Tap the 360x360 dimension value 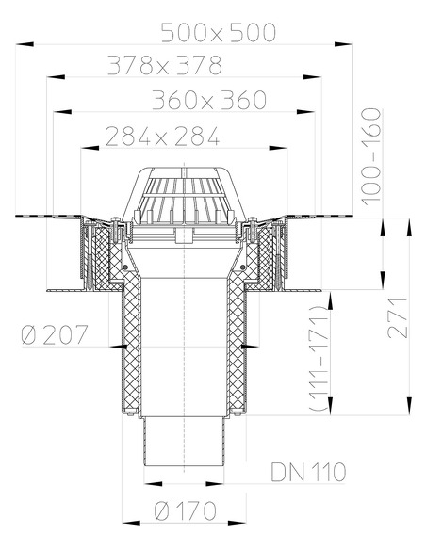tap(209, 100)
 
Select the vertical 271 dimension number tap(401, 317)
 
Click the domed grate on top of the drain tap(185, 192)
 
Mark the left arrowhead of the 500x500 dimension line tap(20, 44)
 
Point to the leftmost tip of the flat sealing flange tap(16, 217)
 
